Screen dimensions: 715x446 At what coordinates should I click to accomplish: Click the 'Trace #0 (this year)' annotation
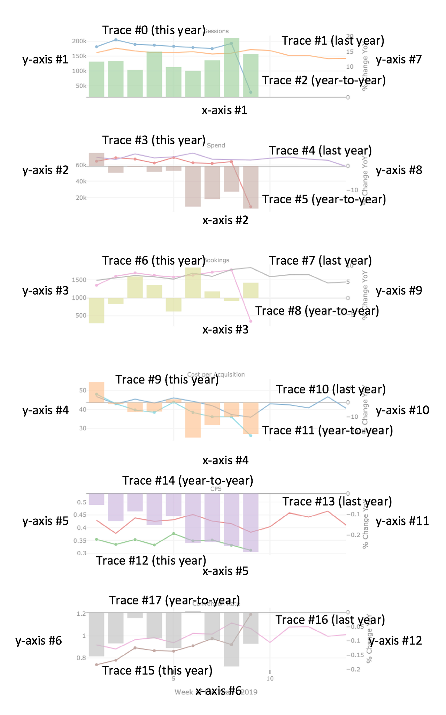pyautogui.click(x=154, y=30)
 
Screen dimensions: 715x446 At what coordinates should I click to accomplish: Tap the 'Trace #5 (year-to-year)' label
pyautogui.click(x=324, y=199)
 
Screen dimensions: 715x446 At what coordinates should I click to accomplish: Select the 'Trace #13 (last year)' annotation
pyautogui.click(x=337, y=501)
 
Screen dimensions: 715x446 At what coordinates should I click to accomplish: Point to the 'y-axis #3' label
pyautogui.click(x=45, y=290)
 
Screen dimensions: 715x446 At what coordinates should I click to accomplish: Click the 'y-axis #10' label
pyautogui.click(x=402, y=410)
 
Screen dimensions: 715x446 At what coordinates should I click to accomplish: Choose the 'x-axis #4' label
pyautogui.click(x=225, y=461)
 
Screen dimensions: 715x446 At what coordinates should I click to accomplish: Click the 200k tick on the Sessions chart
pyautogui.click(x=79, y=41)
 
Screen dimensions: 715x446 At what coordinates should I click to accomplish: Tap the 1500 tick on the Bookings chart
pyautogui.click(x=79, y=280)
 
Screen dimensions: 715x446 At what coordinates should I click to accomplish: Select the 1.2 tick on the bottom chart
pyautogui.click(x=81, y=614)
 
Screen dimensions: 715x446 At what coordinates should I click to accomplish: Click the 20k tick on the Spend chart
pyautogui.click(x=81, y=198)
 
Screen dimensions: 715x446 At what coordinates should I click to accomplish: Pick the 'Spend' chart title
pyautogui.click(x=216, y=145)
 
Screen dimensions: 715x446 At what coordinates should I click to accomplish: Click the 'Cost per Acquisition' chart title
pyautogui.click(x=216, y=374)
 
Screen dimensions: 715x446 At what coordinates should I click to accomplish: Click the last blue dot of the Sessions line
pyautogui.click(x=251, y=92)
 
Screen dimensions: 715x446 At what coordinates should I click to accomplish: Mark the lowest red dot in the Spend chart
pyautogui.click(x=251, y=207)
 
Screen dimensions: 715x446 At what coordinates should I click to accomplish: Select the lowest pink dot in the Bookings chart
pyautogui.click(x=251, y=321)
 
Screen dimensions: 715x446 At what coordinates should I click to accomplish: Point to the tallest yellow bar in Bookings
pyautogui.click(x=193, y=283)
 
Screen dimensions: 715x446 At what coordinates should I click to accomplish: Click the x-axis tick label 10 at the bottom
pyautogui.click(x=270, y=678)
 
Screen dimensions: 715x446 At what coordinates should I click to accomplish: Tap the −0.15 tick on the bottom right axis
pyautogui.click(x=355, y=655)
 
